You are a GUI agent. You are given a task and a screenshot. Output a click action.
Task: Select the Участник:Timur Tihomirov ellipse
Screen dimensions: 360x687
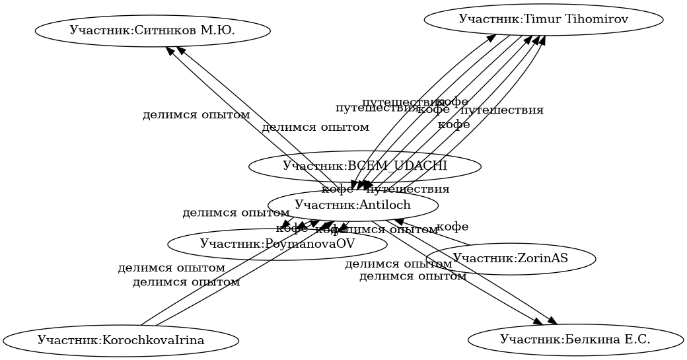543,19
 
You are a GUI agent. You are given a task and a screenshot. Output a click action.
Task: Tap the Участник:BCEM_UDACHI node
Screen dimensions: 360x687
365,166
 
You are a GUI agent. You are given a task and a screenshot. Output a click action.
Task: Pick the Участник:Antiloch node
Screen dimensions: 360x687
353,205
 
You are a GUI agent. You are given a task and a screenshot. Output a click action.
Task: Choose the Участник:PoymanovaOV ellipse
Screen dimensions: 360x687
277,244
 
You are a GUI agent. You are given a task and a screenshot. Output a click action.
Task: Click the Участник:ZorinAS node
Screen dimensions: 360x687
511,258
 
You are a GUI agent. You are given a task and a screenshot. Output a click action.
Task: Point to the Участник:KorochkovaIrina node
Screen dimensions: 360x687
120,341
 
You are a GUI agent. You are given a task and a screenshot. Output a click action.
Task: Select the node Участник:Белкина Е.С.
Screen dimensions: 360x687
575,340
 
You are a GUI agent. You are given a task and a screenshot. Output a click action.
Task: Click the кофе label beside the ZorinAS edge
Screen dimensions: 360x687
452,227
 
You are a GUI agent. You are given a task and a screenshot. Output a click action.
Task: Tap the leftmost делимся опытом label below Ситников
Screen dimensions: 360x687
196,115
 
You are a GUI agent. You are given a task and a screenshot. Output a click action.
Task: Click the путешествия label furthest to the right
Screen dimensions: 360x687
501,110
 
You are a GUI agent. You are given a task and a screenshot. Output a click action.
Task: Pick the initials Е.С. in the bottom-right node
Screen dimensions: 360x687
635,340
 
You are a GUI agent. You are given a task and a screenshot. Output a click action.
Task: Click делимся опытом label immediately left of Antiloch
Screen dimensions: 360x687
236,213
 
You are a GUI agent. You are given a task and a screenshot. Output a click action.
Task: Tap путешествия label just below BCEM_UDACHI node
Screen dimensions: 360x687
408,190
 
